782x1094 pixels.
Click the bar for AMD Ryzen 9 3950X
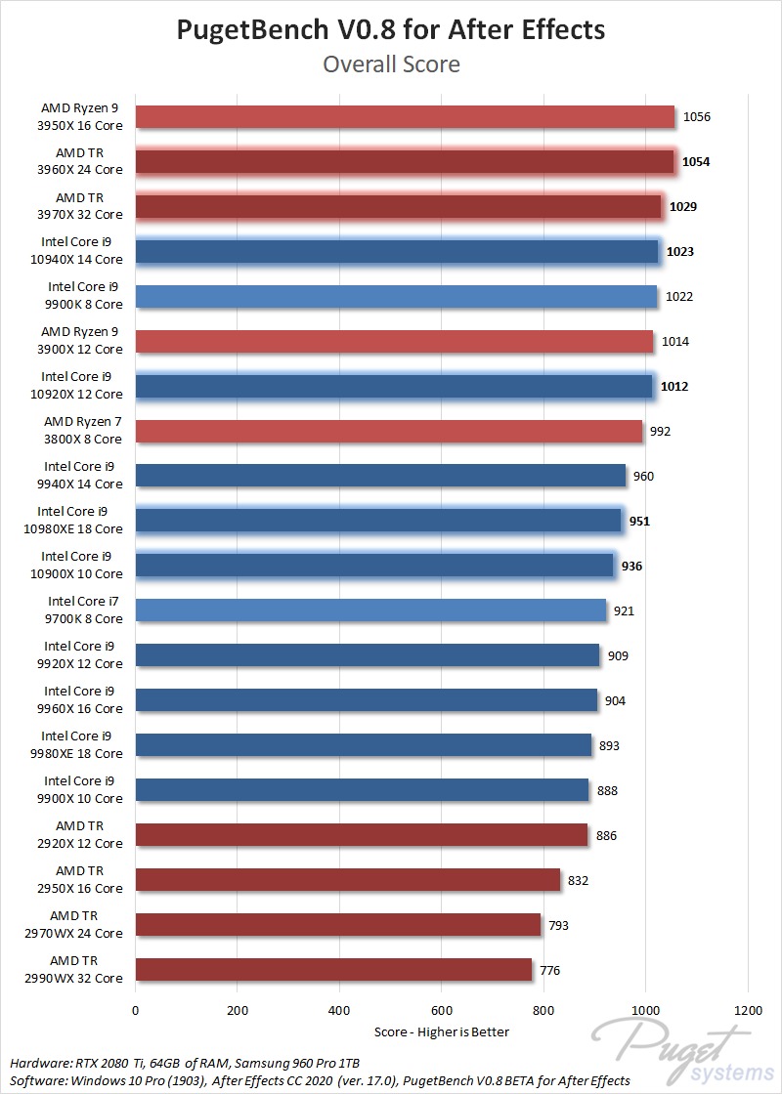405,117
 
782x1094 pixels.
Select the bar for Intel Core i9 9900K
396,297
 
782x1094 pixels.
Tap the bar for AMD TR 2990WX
333,970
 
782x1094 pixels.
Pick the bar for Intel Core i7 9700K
370,611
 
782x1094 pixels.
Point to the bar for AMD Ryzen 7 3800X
389,432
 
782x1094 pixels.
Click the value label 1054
696,162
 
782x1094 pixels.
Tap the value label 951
639,522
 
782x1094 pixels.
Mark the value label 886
606,836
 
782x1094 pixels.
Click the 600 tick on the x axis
442,1008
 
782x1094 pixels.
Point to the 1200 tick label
748,1008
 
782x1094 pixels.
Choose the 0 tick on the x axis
136,1008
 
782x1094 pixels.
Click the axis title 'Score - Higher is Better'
442,1031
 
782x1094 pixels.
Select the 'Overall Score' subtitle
391,64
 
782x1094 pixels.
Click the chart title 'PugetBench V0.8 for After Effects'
391,29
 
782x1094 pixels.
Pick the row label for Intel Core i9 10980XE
80,521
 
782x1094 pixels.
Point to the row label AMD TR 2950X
89,880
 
